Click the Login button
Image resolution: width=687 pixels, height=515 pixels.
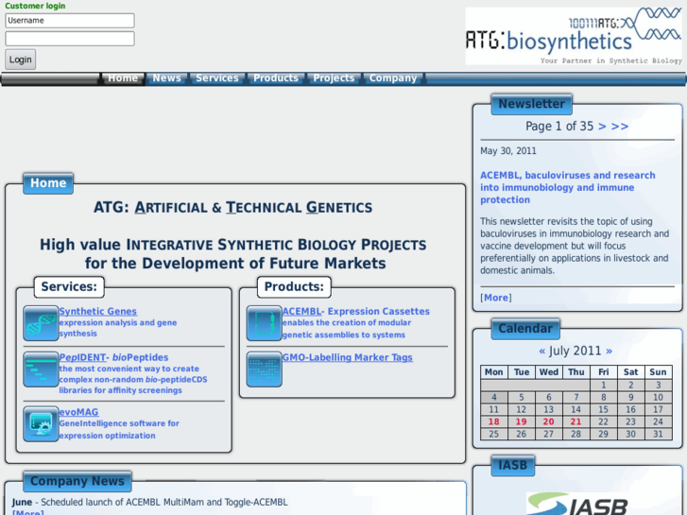[x=21, y=59]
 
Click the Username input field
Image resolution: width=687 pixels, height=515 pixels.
[x=70, y=21]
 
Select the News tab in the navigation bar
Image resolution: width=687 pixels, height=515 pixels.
[x=166, y=78]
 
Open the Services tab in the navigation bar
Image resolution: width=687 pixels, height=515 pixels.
[x=217, y=78]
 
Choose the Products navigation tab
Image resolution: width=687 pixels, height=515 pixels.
[x=276, y=78]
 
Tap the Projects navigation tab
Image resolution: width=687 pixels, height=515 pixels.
[x=334, y=78]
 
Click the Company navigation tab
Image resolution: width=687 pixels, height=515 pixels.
[x=393, y=78]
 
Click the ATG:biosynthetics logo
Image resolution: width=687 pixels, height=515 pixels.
[x=573, y=36]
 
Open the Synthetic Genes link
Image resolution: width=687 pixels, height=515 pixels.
[x=97, y=311]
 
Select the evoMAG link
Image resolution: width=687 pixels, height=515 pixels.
[x=78, y=412]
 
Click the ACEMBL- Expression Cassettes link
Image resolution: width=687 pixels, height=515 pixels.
[x=355, y=311]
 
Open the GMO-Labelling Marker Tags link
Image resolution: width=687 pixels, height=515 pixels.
[x=347, y=357]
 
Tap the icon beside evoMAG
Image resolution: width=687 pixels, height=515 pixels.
[x=41, y=424]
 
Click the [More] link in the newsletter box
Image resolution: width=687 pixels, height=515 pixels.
[x=496, y=298]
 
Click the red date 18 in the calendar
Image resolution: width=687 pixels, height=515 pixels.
[x=493, y=421]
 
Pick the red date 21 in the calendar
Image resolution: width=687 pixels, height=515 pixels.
[x=576, y=421]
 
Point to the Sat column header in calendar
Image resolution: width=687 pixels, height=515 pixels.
[x=631, y=372]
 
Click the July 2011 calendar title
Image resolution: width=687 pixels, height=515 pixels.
[x=575, y=351]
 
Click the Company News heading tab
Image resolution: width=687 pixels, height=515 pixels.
[x=77, y=481]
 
